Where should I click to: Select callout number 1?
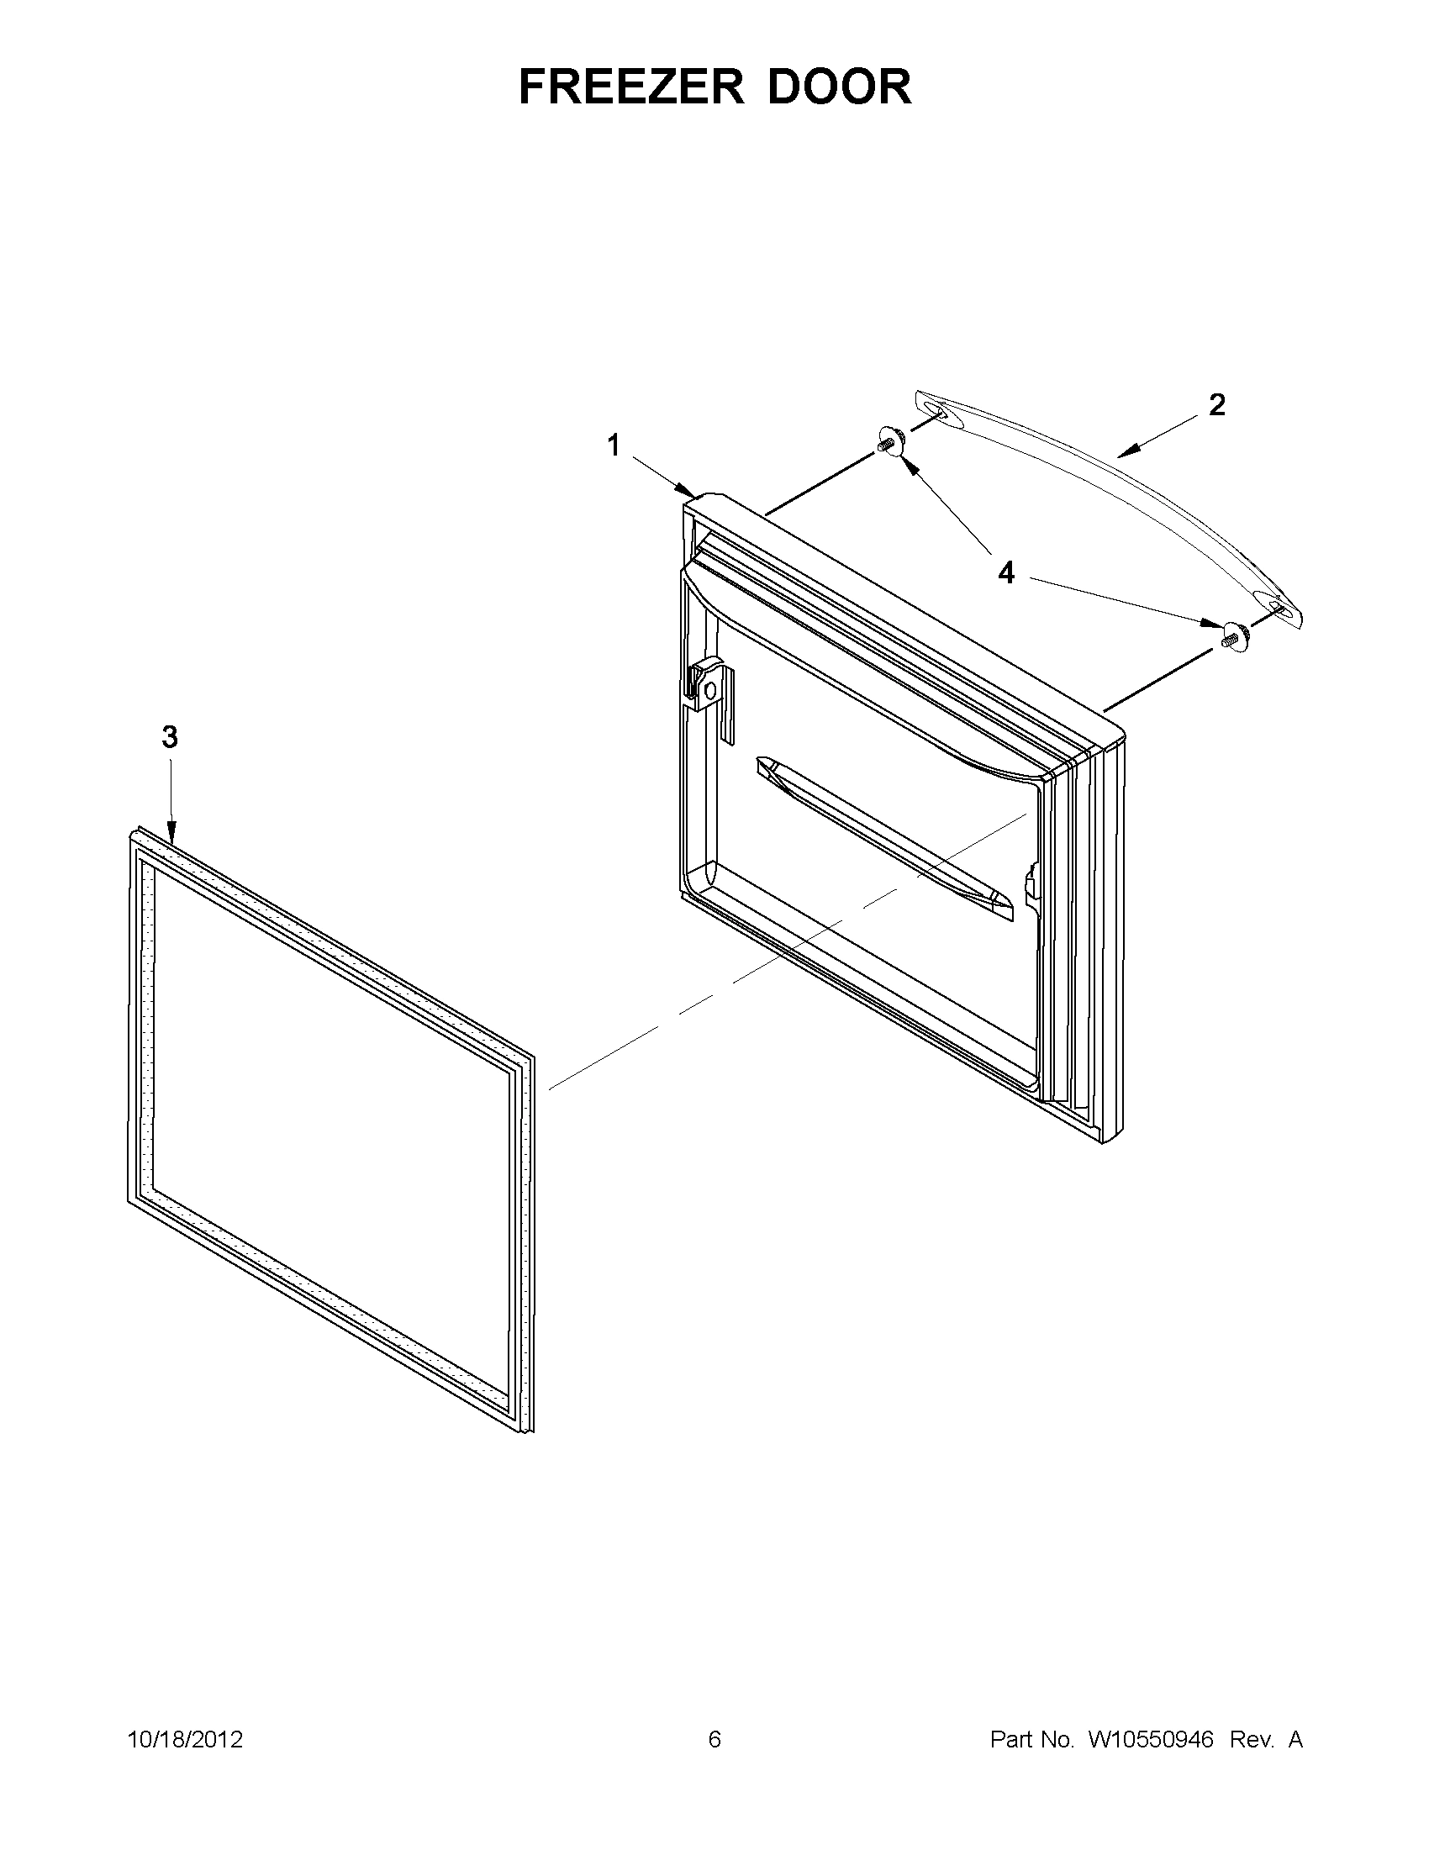coord(614,445)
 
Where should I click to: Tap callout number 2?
coord(1216,406)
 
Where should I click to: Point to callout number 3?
coord(171,738)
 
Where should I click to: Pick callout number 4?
coord(1005,573)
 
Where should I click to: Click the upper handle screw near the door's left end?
coord(889,441)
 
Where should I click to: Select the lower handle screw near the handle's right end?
coord(1231,634)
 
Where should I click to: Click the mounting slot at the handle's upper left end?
coord(932,411)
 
